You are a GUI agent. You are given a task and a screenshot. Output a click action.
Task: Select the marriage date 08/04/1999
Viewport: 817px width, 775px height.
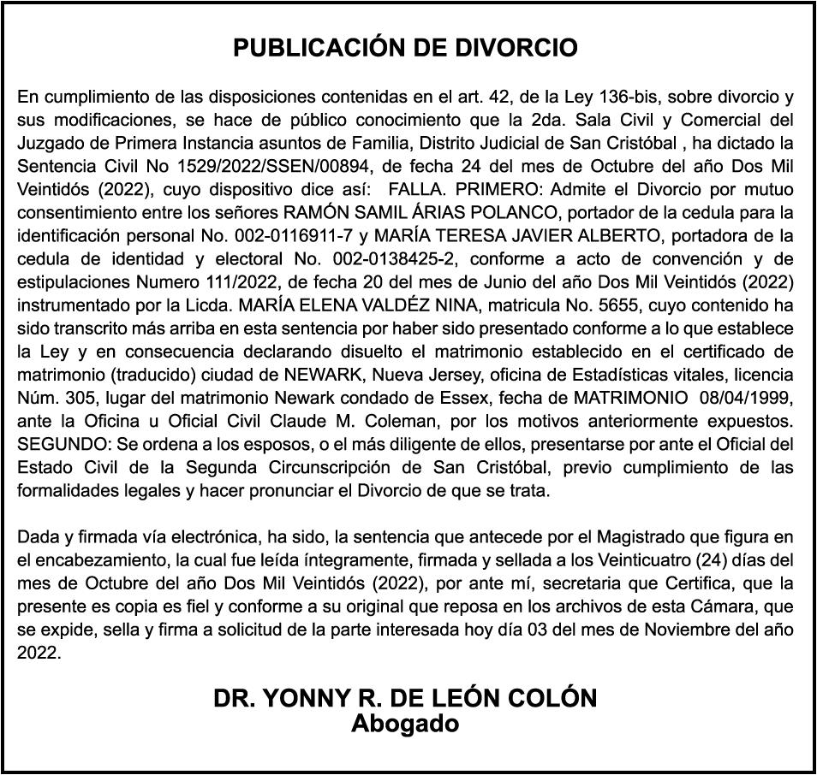click(x=748, y=398)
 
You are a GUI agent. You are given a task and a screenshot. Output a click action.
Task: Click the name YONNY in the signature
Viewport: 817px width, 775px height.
click(x=307, y=699)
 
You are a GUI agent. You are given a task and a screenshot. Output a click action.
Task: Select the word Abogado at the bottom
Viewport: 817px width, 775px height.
click(x=405, y=724)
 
